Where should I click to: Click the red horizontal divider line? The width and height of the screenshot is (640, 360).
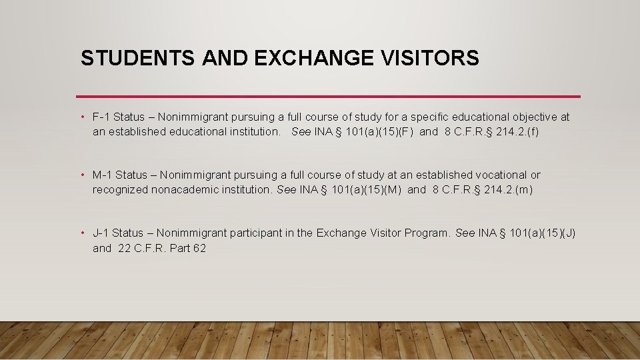coord(328,97)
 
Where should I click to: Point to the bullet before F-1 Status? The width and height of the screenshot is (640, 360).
coord(82,117)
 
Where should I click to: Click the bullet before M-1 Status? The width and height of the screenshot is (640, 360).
coord(82,175)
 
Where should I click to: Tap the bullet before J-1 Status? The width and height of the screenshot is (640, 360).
coord(82,233)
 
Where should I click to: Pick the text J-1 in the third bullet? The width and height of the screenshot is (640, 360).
coord(101,233)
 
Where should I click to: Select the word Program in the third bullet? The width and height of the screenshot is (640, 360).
coord(427,233)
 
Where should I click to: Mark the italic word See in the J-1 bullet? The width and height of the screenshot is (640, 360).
coord(465,233)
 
